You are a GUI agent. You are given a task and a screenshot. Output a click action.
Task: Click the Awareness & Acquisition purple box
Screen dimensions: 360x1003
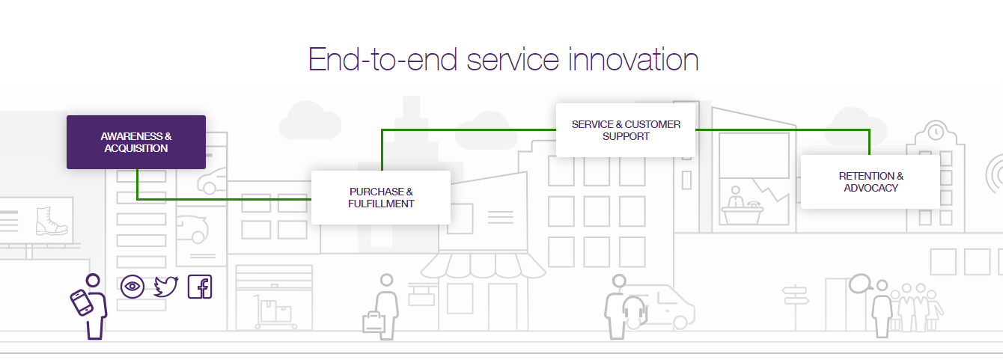pos(135,142)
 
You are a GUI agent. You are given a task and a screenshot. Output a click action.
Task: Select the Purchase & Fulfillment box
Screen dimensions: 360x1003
pos(380,197)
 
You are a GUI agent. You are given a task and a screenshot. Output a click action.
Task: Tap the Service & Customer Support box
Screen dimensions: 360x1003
pos(625,130)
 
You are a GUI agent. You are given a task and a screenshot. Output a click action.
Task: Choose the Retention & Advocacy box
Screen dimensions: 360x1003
pos(870,182)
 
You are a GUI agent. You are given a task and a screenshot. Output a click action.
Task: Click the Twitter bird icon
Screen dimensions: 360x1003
pos(165,287)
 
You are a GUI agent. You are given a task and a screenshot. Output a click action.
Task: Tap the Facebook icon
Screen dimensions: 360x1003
pos(200,287)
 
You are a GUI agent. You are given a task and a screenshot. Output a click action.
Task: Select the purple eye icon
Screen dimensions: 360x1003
pos(132,286)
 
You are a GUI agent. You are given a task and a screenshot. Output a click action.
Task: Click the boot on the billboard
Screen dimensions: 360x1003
pos(52,222)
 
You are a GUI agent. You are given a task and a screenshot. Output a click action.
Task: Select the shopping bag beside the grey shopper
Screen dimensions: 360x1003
pos(373,322)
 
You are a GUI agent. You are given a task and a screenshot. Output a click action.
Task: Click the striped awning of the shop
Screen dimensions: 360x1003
pos(484,266)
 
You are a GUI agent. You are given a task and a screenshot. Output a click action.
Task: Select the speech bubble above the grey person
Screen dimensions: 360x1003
pos(860,283)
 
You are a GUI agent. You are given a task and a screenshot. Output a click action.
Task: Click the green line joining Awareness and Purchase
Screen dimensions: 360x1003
pos(225,199)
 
